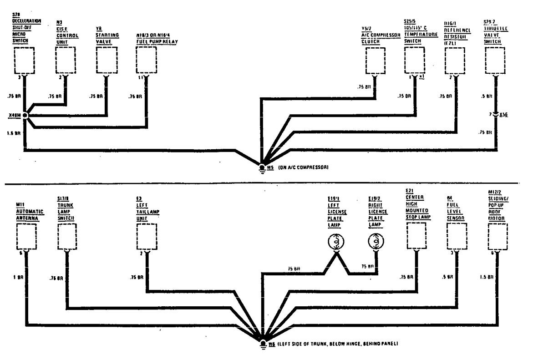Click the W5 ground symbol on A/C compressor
coord(262,167)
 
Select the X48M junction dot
coord(25,116)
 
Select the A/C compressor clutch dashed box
coord(375,61)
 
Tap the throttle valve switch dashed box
coord(495,61)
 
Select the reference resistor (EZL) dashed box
coord(455,61)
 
